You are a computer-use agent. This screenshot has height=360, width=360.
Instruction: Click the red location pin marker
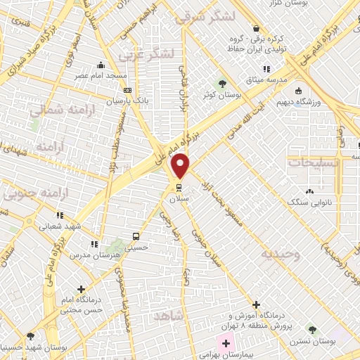[181, 166]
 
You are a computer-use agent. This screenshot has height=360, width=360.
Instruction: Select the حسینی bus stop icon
[136, 236]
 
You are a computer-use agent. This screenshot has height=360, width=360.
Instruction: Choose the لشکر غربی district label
[148, 53]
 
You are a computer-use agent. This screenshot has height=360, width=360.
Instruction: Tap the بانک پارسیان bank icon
[127, 90]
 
